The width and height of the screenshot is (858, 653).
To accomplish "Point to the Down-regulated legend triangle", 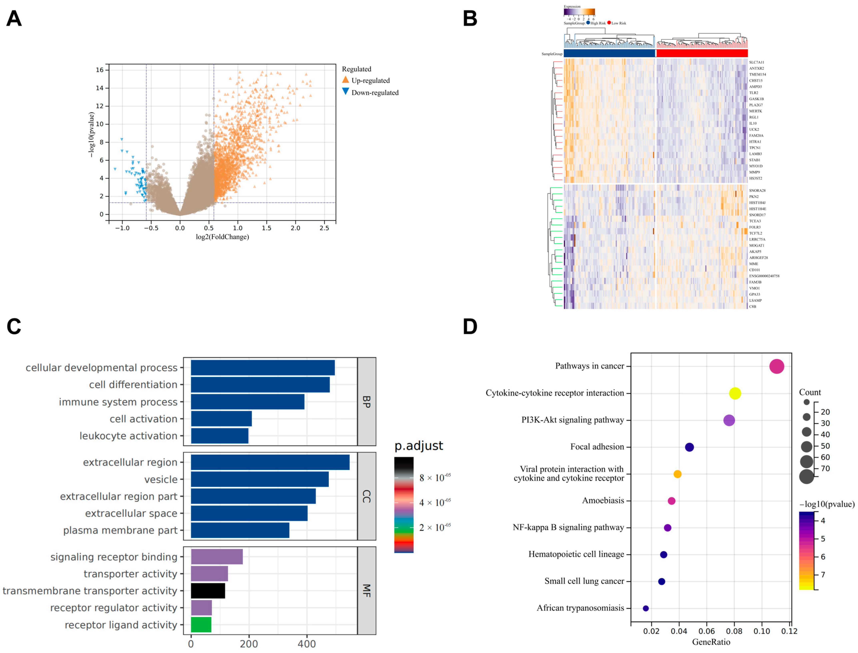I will tap(345, 92).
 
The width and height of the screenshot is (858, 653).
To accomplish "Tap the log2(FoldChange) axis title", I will tap(222, 237).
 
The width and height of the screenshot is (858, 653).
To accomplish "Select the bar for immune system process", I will tap(248, 402).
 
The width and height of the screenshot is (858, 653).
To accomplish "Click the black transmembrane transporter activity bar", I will tap(208, 590).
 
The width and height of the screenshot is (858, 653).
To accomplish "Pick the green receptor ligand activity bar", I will tap(201, 625).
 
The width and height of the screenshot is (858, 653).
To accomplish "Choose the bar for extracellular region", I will tap(270, 462).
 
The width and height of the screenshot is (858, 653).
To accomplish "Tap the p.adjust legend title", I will tap(419, 446).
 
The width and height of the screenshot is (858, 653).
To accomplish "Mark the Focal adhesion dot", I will tap(689, 447).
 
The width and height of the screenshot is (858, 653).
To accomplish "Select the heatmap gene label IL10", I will tap(753, 123).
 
